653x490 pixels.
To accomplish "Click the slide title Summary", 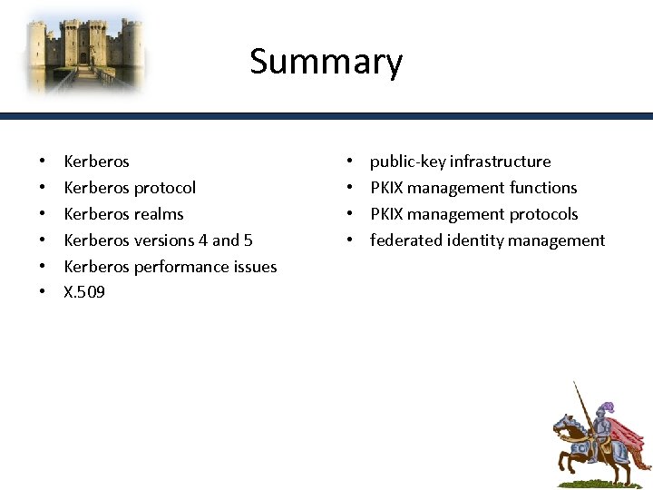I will point(326,63).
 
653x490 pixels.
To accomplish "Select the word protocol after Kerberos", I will point(164,188).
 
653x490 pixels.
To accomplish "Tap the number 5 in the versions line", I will point(248,240).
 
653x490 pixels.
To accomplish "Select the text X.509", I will point(84,292).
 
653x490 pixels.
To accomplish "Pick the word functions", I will point(543,188).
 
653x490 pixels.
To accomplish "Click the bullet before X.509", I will point(44,293).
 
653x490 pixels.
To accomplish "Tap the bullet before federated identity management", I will point(350,241).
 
